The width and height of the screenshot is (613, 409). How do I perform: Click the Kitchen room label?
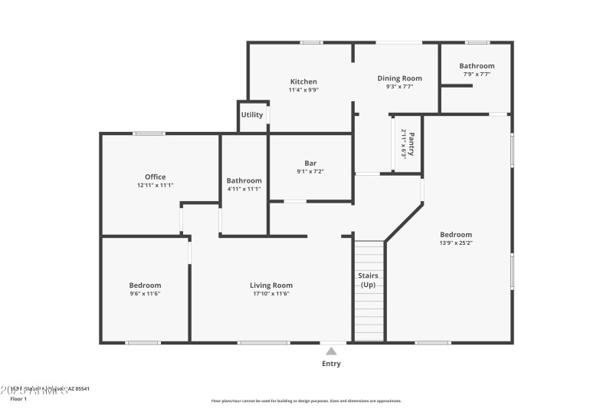pyautogui.click(x=303, y=82)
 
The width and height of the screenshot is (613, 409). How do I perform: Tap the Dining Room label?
pyautogui.click(x=400, y=78)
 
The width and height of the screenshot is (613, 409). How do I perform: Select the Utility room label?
pyautogui.click(x=252, y=115)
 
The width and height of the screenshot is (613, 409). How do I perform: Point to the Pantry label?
pyautogui.click(x=411, y=143)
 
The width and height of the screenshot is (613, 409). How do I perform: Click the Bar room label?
pyautogui.click(x=310, y=163)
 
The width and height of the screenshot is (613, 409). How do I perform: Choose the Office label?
pyautogui.click(x=156, y=177)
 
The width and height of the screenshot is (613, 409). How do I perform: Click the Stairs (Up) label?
pyautogui.click(x=369, y=280)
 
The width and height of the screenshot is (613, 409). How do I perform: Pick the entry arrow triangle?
pyautogui.click(x=331, y=350)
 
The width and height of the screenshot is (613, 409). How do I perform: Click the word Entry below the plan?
pyautogui.click(x=331, y=364)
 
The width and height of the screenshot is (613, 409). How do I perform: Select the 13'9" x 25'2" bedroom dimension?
pyautogui.click(x=456, y=243)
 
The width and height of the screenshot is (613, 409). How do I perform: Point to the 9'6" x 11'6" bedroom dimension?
pyautogui.click(x=145, y=293)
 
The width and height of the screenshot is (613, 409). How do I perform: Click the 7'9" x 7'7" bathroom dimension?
pyautogui.click(x=477, y=74)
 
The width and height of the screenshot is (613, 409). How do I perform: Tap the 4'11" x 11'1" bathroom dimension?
pyautogui.click(x=244, y=189)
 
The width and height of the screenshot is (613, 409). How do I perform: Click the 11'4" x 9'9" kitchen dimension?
pyautogui.click(x=303, y=90)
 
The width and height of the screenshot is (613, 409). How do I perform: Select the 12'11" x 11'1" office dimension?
pyautogui.click(x=156, y=185)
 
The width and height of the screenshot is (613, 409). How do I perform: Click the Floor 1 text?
pyautogui.click(x=18, y=399)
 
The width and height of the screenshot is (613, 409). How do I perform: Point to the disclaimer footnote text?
pyautogui.click(x=306, y=401)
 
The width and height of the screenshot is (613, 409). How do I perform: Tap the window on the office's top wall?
pyautogui.click(x=149, y=134)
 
